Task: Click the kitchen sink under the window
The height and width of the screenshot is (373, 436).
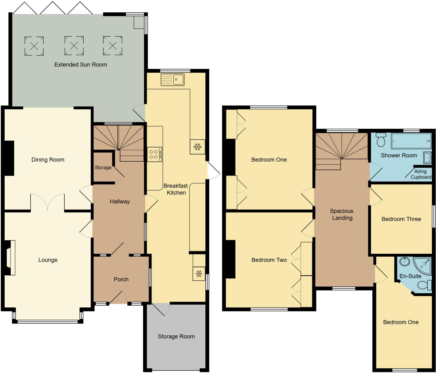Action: coord(173,79)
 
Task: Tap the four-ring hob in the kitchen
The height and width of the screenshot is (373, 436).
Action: coord(154,154)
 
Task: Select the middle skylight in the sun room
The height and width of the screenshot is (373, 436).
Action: coord(74,46)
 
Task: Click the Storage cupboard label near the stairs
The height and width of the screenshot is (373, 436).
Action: coord(103,168)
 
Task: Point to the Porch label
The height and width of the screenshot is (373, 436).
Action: coord(121,279)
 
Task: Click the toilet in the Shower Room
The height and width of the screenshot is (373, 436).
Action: coord(381,140)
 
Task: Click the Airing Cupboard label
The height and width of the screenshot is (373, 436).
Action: coord(421,174)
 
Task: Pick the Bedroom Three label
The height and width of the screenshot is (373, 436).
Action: coord(401,219)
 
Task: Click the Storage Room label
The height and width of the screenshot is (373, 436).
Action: coord(176,336)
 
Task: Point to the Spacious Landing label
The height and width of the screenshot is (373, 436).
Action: coord(342,214)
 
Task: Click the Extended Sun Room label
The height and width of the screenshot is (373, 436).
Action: coord(81,65)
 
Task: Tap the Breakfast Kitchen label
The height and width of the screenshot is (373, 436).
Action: coord(176,189)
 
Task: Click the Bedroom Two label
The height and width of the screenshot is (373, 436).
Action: coord(269,260)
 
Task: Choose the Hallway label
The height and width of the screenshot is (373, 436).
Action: coord(120,202)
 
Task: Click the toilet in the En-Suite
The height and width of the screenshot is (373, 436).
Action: coord(425,285)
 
